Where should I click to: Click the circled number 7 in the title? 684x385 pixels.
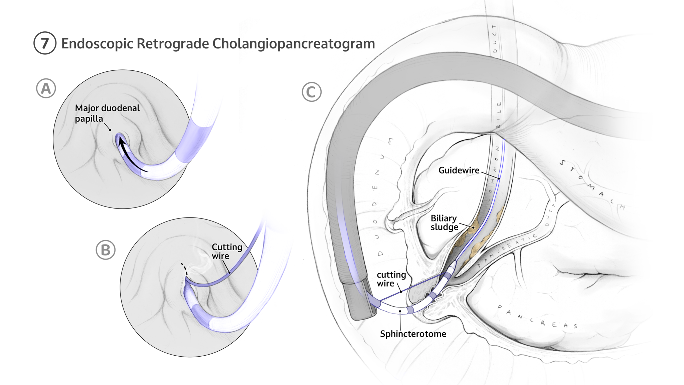45,43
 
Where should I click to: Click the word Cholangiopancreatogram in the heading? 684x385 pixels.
294,43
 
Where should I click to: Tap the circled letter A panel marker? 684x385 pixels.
46,88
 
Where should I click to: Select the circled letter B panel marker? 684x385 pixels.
106,250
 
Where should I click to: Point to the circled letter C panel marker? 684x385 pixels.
311,92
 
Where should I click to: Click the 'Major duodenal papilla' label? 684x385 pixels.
107,113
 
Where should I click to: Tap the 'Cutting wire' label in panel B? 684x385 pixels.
227,251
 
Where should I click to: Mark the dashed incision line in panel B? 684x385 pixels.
184,269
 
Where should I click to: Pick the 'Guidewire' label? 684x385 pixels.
459,170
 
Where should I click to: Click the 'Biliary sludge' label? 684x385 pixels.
444,223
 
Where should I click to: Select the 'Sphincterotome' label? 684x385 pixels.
413,334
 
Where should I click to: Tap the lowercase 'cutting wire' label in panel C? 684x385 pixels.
391,279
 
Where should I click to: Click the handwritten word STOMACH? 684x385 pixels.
591,185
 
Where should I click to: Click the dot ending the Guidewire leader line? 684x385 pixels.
499,178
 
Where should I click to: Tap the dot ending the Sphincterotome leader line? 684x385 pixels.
400,311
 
